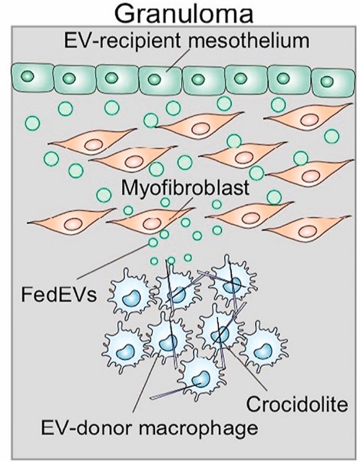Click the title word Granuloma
183,13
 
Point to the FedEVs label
59,295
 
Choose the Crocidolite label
297,404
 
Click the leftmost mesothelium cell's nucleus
28,76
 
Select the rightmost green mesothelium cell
333,82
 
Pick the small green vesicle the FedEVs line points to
153,243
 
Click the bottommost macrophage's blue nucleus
200,378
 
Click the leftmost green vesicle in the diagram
32,123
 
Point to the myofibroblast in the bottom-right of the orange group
306,228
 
